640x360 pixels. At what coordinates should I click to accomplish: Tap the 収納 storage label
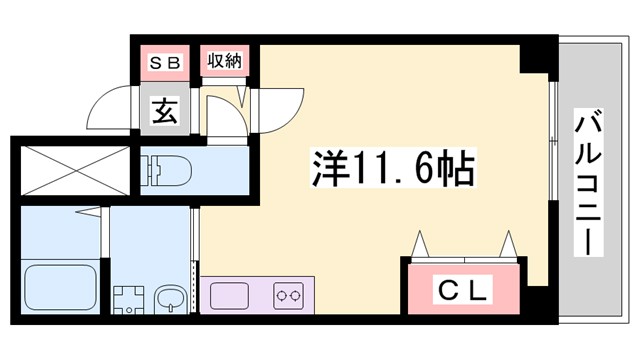222,61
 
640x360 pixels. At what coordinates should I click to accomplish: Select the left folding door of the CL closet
421,245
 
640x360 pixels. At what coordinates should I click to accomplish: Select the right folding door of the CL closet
507,245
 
